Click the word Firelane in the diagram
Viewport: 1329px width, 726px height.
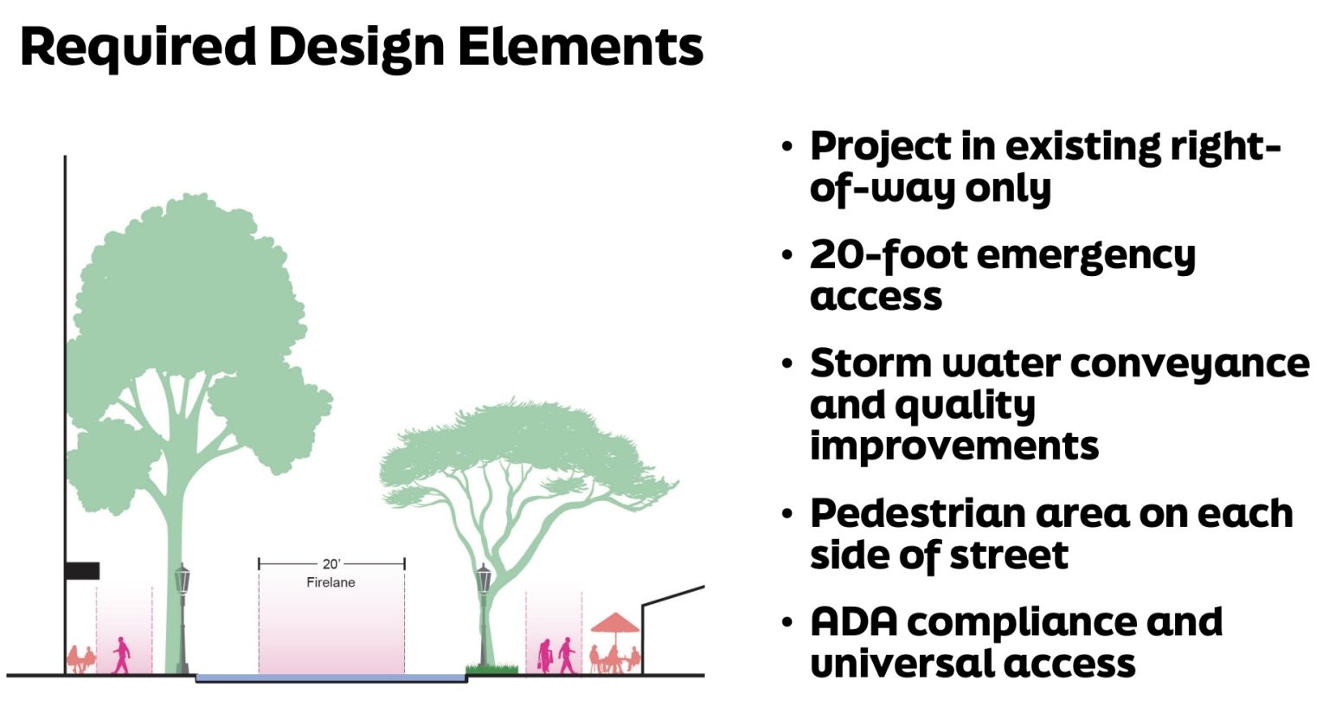tap(331, 582)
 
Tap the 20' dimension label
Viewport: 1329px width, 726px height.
tap(331, 563)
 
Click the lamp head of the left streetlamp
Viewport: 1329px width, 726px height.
tap(182, 577)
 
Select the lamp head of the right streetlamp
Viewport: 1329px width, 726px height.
tap(484, 577)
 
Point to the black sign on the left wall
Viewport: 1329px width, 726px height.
tap(82, 570)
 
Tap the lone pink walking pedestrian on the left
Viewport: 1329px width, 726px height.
tap(122, 655)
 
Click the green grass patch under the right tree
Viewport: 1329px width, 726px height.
tap(491, 668)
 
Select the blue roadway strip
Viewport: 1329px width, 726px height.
tap(331, 678)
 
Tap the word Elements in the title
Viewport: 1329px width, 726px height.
tap(580, 47)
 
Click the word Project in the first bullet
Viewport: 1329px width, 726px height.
tap(879, 146)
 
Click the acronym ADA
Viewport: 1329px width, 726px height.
tap(852, 622)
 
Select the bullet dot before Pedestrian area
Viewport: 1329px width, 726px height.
tap(786, 515)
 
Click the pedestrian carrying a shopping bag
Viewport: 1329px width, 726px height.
tap(545, 656)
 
